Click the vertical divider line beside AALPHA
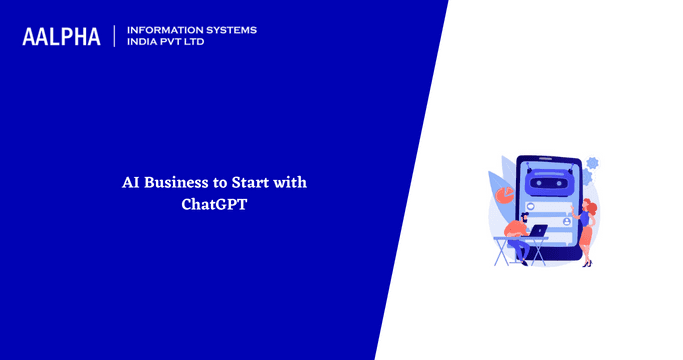click(x=115, y=36)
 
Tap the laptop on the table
click(x=539, y=231)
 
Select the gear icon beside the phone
click(x=591, y=162)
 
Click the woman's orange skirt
click(x=586, y=237)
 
